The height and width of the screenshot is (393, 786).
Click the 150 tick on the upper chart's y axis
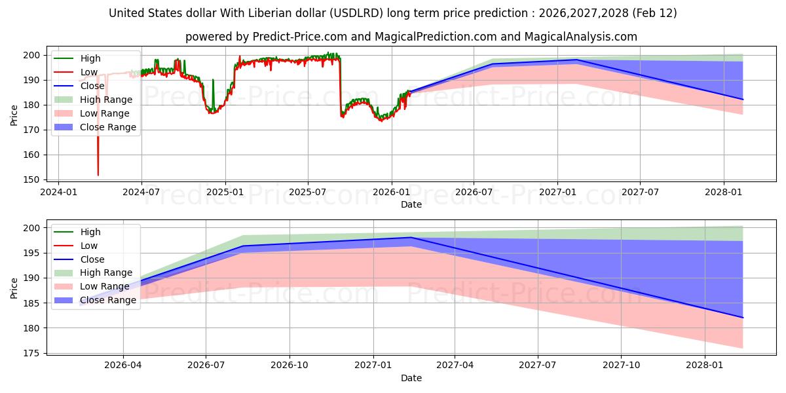(x=38, y=179)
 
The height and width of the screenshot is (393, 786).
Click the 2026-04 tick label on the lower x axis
(x=123, y=365)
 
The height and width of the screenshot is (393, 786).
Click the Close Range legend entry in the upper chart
(x=108, y=127)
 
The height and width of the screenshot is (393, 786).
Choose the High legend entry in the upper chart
(x=90, y=58)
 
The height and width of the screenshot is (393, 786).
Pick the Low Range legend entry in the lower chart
(x=105, y=286)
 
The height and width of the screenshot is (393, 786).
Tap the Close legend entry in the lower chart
(x=92, y=259)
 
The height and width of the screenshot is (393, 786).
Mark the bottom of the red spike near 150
(x=98, y=175)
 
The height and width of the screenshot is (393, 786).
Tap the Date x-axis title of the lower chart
(x=411, y=378)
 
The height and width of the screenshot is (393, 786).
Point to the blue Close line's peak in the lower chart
(x=411, y=237)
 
